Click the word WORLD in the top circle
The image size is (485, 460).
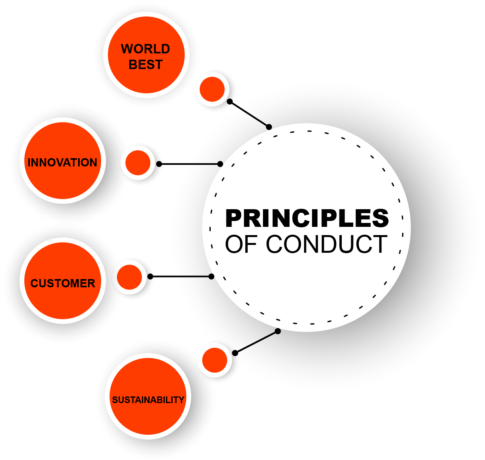pyautogui.click(x=145, y=49)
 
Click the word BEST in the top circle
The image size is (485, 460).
pyautogui.click(x=146, y=65)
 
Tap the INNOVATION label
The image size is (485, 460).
pyautogui.click(x=62, y=162)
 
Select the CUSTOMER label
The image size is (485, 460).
pyautogui.click(x=63, y=283)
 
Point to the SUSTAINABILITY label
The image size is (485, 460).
pyautogui.click(x=148, y=400)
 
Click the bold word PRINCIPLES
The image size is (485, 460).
pyautogui.click(x=307, y=218)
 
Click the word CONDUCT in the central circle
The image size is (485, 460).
pyautogui.click(x=326, y=244)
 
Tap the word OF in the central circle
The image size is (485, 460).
pyautogui.click(x=241, y=244)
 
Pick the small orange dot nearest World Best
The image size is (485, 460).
pyautogui.click(x=212, y=89)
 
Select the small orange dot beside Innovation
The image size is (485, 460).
pyautogui.click(x=138, y=162)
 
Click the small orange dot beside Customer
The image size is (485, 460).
pyautogui.click(x=129, y=277)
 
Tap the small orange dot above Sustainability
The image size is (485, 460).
pyautogui.click(x=215, y=360)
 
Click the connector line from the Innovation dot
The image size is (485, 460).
pyautogui.click(x=190, y=164)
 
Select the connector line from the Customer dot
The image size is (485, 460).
pyautogui.click(x=181, y=276)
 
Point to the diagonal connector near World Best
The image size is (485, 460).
pyautogui.click(x=249, y=114)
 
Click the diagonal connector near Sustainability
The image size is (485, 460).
pyautogui.click(x=256, y=342)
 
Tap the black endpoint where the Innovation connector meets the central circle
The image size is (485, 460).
pyautogui.click(x=220, y=164)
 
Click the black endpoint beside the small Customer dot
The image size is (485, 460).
pyautogui.click(x=150, y=276)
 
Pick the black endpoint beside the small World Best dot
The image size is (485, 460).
pyautogui.click(x=230, y=101)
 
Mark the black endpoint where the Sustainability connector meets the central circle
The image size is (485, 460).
pyautogui.click(x=278, y=331)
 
